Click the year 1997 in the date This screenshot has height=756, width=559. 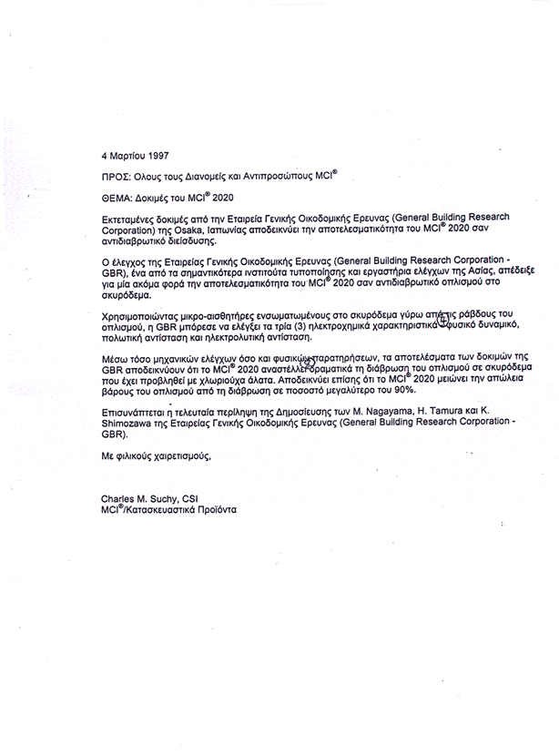[157, 156]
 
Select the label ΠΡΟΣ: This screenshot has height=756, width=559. [117, 176]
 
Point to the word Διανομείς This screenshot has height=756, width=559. [201, 176]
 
